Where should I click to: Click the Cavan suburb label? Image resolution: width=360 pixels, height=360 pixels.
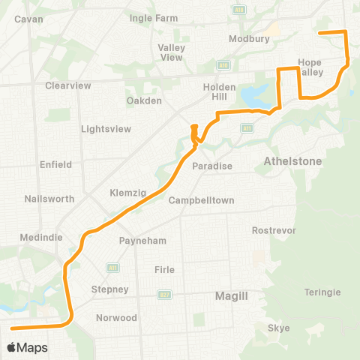(28, 19)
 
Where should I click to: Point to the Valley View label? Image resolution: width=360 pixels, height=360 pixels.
(170, 52)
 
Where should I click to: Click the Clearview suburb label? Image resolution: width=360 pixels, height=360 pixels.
(67, 85)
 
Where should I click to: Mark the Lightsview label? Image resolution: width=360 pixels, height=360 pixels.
(105, 128)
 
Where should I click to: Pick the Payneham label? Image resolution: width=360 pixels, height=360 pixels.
(142, 241)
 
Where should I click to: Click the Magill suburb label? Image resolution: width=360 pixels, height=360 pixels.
(231, 296)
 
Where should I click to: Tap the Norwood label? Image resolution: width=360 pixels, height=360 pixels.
(116, 318)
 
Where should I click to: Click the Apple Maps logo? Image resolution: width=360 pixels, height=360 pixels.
(26, 347)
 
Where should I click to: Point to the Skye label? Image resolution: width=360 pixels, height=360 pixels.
(278, 328)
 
